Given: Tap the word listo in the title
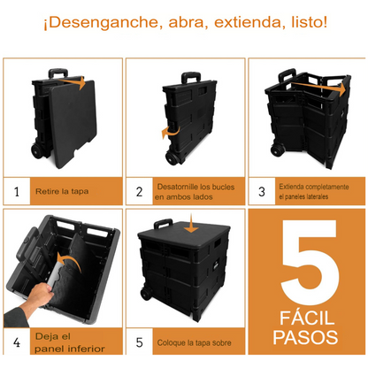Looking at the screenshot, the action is point(309,22).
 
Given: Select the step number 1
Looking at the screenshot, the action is point(17,192).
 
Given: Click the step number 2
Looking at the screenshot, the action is point(140,192).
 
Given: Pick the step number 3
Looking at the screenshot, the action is point(262,192).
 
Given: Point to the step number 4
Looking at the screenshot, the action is point(17,342).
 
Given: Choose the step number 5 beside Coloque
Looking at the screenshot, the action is point(140,342).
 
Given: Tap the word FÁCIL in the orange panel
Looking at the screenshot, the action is point(307,318).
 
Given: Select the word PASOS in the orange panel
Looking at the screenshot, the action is point(305,337).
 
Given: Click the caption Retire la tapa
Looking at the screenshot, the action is point(62,191).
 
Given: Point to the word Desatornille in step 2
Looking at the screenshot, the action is point(178,187).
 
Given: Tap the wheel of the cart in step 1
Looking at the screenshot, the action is point(38,151).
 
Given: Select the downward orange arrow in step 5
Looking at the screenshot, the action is point(192,224).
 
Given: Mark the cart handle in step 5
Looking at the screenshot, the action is point(163,224).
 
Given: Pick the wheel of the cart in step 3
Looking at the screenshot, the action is point(278,149).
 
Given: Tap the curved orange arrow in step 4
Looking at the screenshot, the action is point(69,262).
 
